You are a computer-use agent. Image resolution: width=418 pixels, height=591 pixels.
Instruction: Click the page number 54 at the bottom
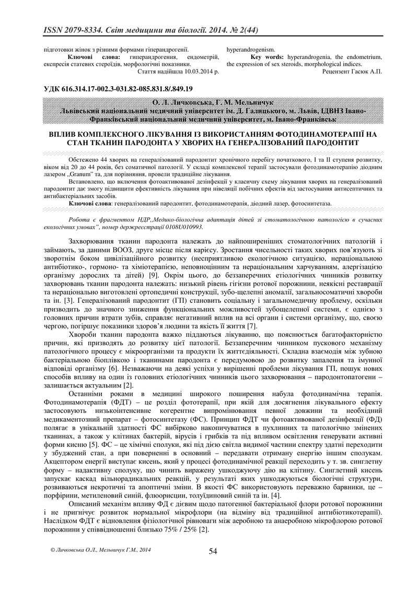[x=213, y=551]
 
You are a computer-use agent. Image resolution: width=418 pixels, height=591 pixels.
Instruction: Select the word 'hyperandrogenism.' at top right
[x=250, y=49]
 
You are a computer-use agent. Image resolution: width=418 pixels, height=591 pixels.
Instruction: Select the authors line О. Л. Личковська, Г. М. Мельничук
[x=209, y=102]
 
